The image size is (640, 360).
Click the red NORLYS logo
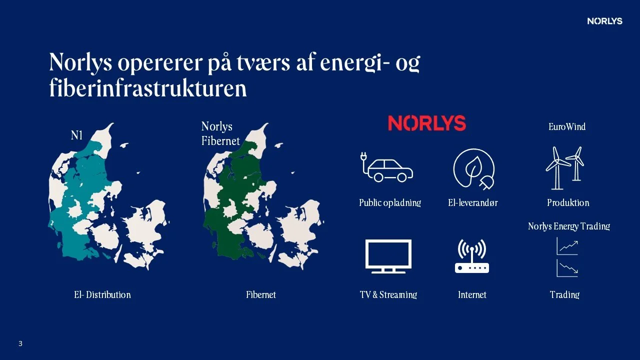pyautogui.click(x=427, y=123)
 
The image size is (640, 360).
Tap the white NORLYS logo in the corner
pyautogui.click(x=604, y=21)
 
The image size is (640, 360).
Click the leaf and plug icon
pyautogui.click(x=473, y=169)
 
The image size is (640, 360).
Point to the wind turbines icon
pyautogui.click(x=565, y=168)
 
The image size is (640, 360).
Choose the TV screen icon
pyautogui.click(x=388, y=256)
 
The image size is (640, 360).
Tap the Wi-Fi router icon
pyautogui.click(x=471, y=256)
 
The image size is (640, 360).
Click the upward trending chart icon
pyautogui.click(x=567, y=246)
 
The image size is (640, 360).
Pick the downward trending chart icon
pyautogui.click(x=567, y=268)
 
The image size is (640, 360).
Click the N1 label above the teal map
pyautogui.click(x=76, y=135)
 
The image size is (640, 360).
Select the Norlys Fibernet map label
pyautogui.click(x=220, y=133)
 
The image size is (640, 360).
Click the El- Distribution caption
pyautogui.click(x=102, y=294)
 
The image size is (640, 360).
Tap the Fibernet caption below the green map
pyautogui.click(x=261, y=294)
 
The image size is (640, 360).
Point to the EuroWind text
pyautogui.click(x=567, y=126)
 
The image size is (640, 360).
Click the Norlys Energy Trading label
pyautogui.click(x=569, y=226)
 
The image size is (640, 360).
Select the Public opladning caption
pyautogui.click(x=390, y=202)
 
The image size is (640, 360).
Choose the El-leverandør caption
pyautogui.click(x=473, y=202)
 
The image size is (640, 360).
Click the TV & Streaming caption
pyautogui.click(x=388, y=294)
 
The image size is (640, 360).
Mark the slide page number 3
pyautogui.click(x=20, y=343)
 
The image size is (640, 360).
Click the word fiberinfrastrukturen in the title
pyautogui.click(x=148, y=88)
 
